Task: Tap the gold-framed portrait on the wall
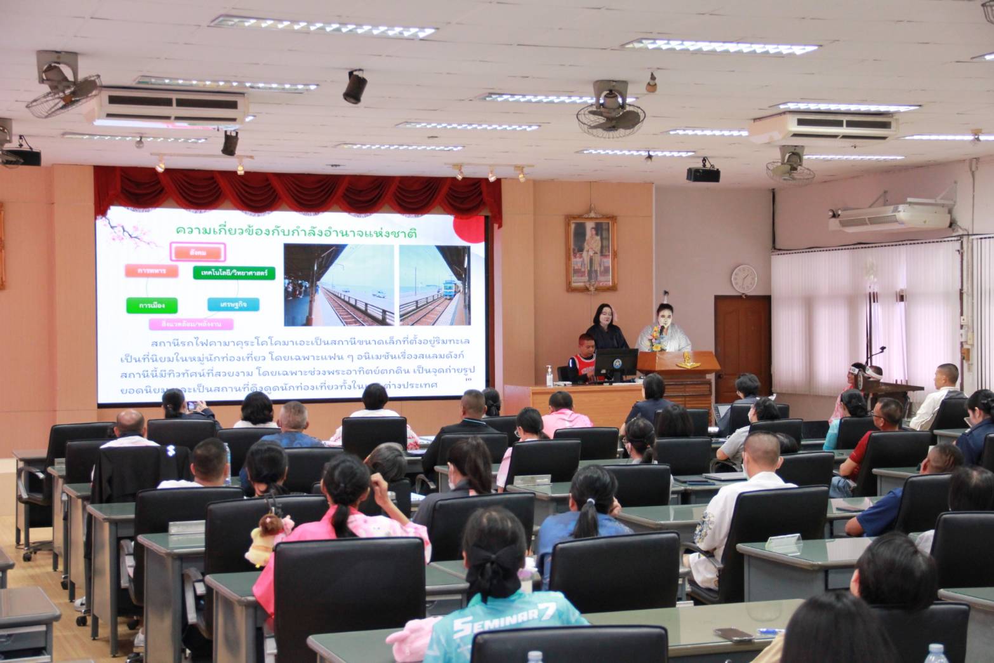click(590, 253)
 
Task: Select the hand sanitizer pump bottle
click(548, 375)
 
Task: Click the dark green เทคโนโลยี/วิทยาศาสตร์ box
click(234, 273)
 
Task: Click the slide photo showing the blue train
click(434, 285)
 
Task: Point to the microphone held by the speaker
click(660, 331)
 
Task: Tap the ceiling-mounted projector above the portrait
click(703, 173)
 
